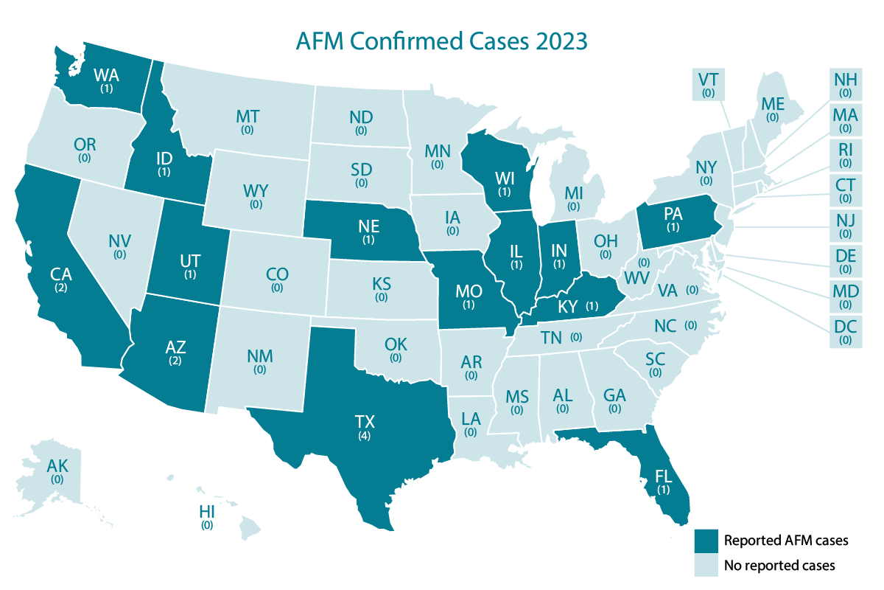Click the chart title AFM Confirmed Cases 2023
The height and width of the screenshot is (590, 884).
click(441, 41)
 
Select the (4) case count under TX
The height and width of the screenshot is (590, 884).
click(364, 437)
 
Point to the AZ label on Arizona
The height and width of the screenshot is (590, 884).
click(175, 347)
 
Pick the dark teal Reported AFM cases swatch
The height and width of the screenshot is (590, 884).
click(708, 541)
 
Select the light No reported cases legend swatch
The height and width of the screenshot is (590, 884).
click(708, 566)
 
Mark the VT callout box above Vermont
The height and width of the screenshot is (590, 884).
click(708, 83)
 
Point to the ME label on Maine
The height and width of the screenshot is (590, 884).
click(772, 104)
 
